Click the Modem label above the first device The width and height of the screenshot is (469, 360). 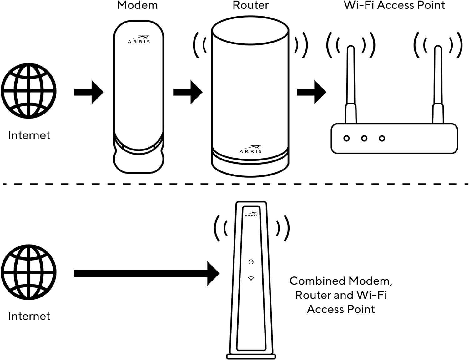point(137,5)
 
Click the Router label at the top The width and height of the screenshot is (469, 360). point(250,5)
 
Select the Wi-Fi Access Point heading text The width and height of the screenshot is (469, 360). point(394,5)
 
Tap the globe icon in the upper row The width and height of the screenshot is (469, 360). point(29,91)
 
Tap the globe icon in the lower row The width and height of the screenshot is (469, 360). point(29,272)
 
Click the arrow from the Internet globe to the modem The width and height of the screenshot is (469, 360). point(89,92)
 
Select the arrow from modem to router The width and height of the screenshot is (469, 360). point(188,92)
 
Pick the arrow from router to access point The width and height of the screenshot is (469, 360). point(311,92)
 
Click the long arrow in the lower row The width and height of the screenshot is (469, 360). point(147,274)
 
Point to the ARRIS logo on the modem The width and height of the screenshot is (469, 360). point(139,39)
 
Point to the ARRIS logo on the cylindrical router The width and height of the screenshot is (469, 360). point(250,149)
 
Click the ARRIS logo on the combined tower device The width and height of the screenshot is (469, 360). point(251,214)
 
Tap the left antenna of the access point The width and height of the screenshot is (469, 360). point(351,84)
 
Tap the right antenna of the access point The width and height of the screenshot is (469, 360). point(438,84)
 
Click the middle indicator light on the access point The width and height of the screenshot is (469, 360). point(364,138)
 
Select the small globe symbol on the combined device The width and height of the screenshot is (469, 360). point(251,262)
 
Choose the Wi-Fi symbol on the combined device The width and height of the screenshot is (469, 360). point(251,279)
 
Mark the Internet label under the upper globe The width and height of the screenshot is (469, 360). point(29,135)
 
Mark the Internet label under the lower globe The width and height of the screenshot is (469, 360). point(29,316)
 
